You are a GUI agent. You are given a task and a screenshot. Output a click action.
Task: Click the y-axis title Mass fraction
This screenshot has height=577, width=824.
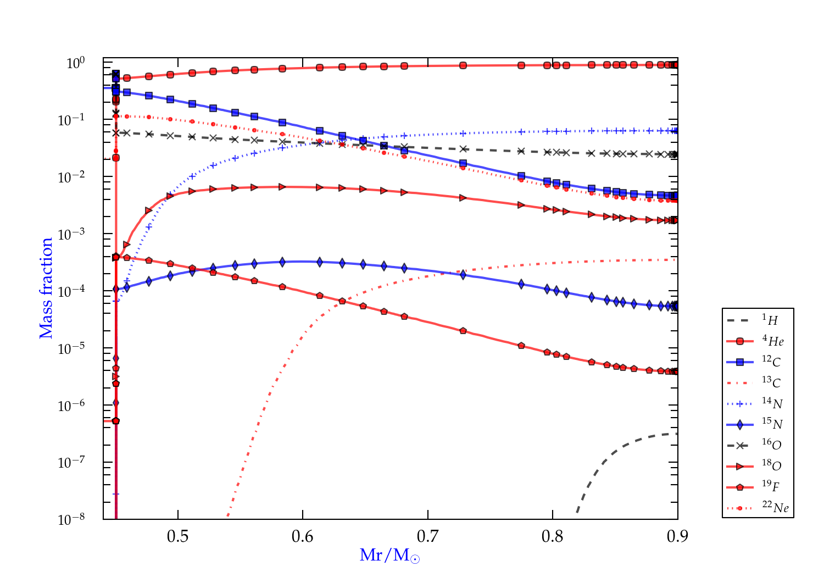click(x=46, y=288)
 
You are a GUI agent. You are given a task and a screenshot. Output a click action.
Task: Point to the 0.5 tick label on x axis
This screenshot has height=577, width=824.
click(x=177, y=536)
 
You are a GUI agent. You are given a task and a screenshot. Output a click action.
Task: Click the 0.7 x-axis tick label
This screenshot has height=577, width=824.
click(x=427, y=536)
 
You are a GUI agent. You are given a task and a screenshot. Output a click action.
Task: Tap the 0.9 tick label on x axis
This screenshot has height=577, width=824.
click(x=677, y=536)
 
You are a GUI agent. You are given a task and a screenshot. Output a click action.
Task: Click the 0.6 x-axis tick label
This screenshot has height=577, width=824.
click(x=303, y=536)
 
